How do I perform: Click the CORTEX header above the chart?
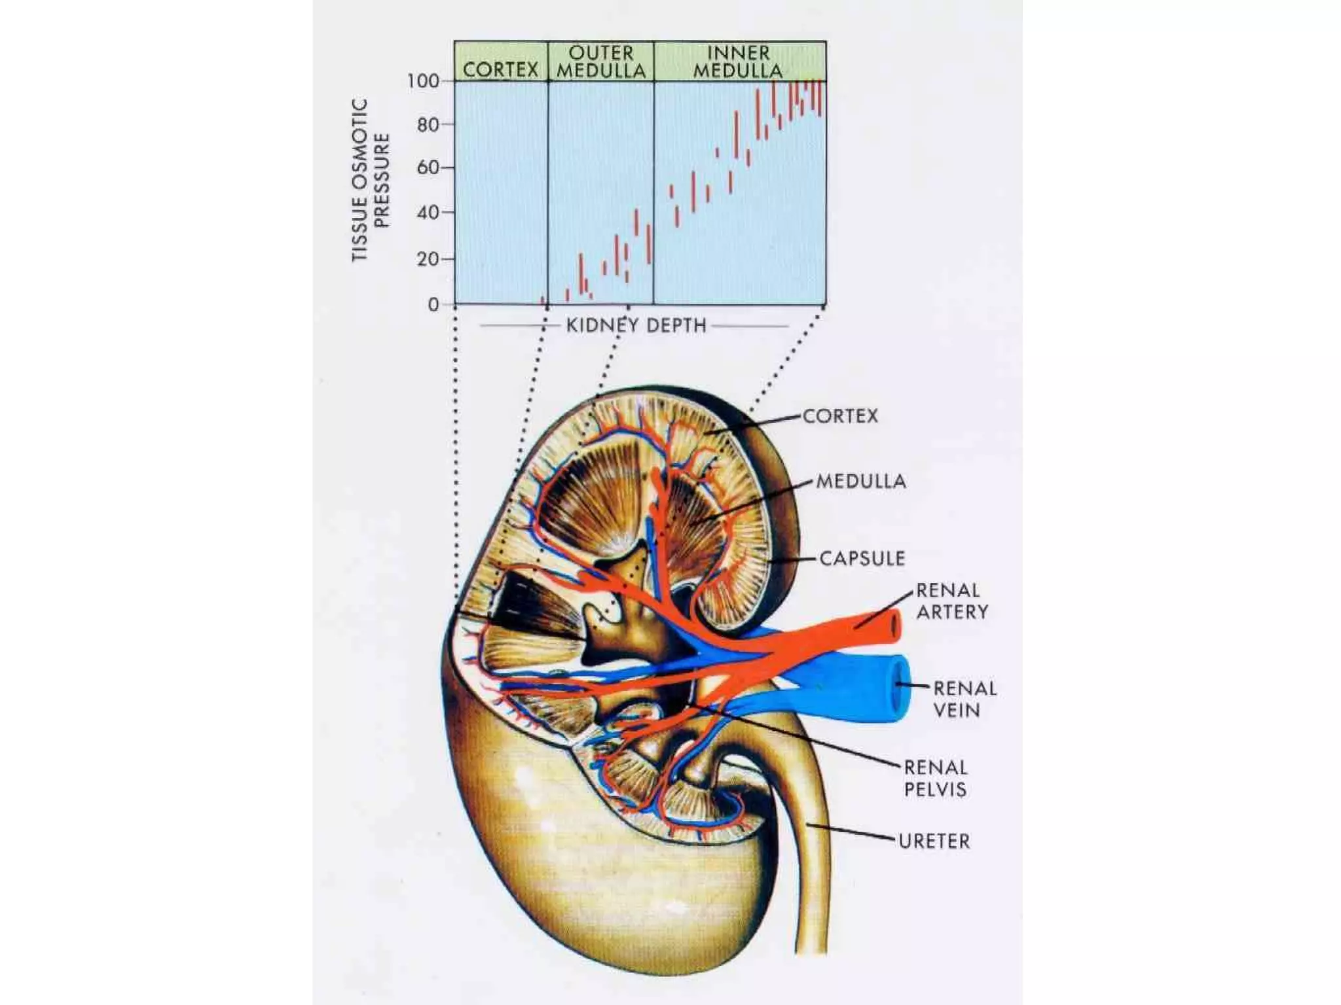(500, 69)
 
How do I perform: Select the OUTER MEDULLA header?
(601, 62)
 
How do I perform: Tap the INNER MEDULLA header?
(739, 62)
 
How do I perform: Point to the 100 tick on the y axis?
(423, 81)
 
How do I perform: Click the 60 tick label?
(428, 168)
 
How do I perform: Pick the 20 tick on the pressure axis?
(428, 259)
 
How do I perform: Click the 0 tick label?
(433, 304)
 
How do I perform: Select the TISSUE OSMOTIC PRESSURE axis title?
(371, 180)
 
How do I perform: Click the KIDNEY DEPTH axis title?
(636, 325)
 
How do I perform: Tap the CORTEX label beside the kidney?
(840, 416)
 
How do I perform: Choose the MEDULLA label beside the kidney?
(861, 482)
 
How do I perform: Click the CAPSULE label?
(862, 559)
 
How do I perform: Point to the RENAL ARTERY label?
(951, 601)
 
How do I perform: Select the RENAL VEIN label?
(964, 699)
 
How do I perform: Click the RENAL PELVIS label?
(935, 778)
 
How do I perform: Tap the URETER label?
(934, 841)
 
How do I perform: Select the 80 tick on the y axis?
(428, 124)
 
